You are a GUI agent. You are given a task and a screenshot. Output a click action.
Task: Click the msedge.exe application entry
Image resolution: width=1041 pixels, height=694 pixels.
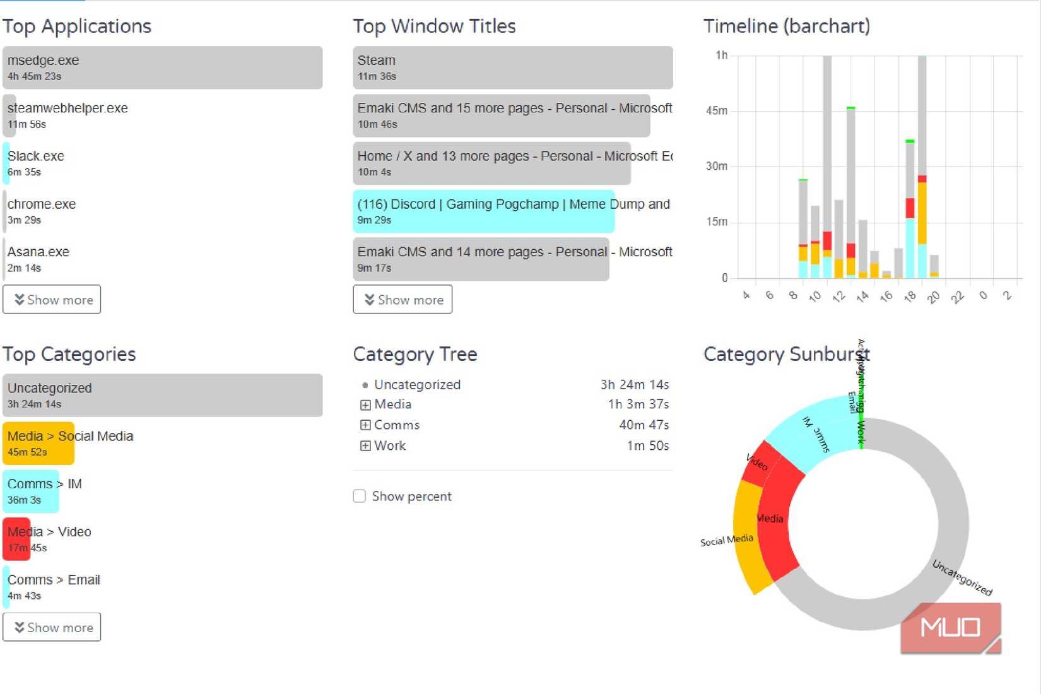coord(162,68)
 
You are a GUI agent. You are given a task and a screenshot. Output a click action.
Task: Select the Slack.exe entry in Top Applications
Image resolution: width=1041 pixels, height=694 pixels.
coord(35,163)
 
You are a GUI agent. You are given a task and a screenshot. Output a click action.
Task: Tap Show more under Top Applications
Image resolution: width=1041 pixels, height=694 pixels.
coord(52,300)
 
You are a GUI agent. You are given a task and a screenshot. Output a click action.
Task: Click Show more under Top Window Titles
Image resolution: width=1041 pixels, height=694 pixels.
coord(403,300)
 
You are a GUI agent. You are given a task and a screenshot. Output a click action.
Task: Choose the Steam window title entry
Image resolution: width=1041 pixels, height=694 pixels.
coord(512,68)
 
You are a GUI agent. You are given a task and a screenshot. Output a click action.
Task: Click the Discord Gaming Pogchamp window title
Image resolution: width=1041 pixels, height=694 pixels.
coord(483,211)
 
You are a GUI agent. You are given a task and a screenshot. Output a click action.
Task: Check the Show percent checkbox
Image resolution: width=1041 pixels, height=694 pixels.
coord(360,496)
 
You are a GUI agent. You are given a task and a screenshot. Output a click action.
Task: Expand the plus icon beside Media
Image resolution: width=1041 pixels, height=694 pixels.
coord(365,404)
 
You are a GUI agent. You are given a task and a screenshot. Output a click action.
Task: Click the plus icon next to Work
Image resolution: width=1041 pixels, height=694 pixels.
coord(365,445)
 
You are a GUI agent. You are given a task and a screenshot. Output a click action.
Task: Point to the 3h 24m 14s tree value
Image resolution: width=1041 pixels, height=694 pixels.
coord(634,385)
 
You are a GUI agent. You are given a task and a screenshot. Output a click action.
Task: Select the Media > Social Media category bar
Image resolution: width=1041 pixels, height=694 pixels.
coord(38,443)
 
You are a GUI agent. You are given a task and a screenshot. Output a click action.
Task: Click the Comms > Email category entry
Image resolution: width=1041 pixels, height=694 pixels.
coord(54,586)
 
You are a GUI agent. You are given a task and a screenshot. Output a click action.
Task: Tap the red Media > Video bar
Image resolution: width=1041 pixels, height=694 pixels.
coord(16,539)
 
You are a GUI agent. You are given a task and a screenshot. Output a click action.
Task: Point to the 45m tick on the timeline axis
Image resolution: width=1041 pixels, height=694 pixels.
coord(717,111)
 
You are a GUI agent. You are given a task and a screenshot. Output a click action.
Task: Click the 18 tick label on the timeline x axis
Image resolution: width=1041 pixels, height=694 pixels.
coord(909,296)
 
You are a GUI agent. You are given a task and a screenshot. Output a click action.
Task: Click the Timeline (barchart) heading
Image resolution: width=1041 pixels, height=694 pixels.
coord(786,26)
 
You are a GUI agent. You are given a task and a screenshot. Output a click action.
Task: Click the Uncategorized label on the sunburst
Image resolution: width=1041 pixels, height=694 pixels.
coord(962,577)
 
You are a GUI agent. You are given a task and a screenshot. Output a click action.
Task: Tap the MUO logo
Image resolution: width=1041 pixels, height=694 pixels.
coord(950,627)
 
